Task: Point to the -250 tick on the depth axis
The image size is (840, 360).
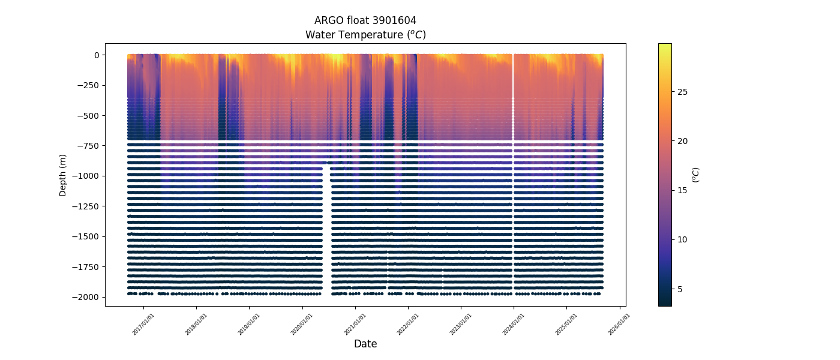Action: tap(89, 85)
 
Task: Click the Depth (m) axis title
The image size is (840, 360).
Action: tap(62, 175)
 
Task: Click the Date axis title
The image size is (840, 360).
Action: tap(365, 344)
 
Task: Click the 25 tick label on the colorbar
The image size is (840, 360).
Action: tap(682, 92)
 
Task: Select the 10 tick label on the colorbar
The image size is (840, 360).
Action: tap(682, 239)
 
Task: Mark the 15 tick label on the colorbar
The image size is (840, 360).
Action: tap(682, 190)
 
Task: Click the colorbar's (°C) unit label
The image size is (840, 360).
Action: tap(696, 175)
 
